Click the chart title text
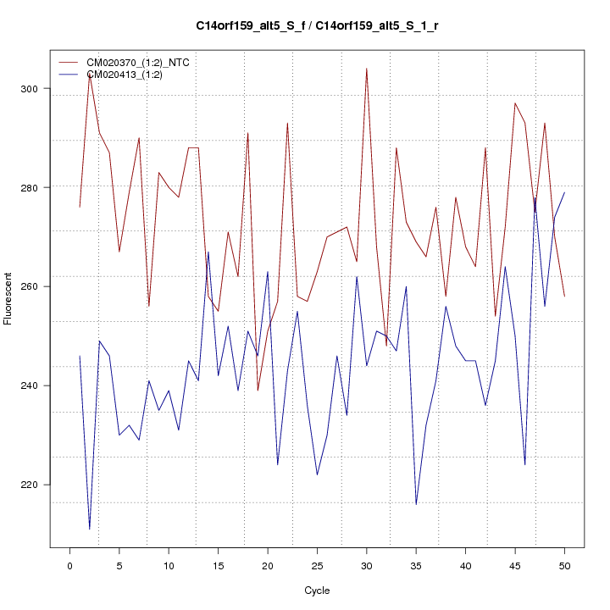tap(317, 26)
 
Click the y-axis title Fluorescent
tap(9, 298)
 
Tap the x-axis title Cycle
tap(316, 591)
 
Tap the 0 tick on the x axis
tap(69, 564)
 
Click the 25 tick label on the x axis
tap(317, 564)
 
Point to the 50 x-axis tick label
tap(564, 564)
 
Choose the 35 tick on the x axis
tap(416, 564)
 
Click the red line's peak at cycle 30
tap(366, 69)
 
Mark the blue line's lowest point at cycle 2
tap(90, 530)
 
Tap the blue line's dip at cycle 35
tap(416, 504)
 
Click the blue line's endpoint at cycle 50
tap(564, 192)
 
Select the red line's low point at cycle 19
tap(258, 391)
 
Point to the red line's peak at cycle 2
tap(90, 74)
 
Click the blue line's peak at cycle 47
tap(535, 197)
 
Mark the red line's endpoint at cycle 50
tap(564, 297)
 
